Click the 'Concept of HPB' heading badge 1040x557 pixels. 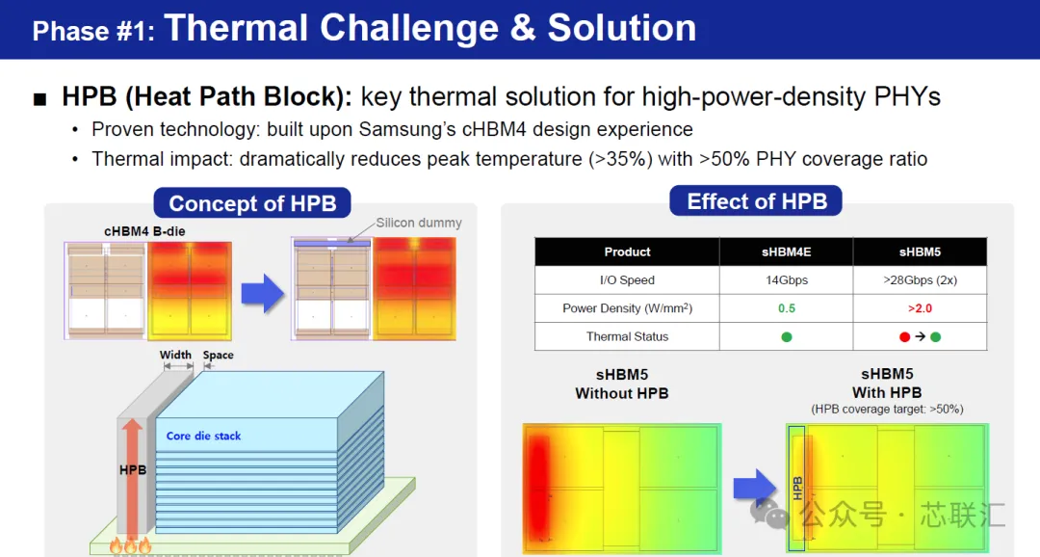coord(252,203)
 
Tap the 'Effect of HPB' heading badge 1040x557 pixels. coord(756,201)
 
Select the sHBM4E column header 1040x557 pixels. coord(786,252)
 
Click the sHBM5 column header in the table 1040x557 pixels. coord(920,252)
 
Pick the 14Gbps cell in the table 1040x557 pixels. coord(787,280)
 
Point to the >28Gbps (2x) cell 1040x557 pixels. coord(920,280)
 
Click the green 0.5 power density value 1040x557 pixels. coord(787,308)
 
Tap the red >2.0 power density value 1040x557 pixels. coord(920,308)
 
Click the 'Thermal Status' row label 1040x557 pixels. coord(627,336)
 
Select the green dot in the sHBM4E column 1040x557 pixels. coord(787,336)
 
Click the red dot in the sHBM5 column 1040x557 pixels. coord(904,336)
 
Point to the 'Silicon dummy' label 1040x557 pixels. coord(419,223)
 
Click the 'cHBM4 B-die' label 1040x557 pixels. coord(144,231)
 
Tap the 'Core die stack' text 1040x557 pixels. coord(203,436)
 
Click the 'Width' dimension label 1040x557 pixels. coord(175,355)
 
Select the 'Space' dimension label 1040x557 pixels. coord(219,355)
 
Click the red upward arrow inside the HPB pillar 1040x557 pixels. coord(132,477)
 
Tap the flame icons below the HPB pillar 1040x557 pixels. coord(131,545)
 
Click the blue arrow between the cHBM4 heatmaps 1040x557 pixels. coord(263,293)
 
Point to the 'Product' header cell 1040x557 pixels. coord(627,252)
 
